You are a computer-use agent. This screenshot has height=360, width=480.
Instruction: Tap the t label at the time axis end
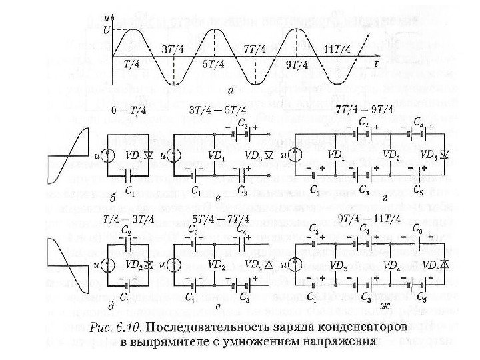point(377,65)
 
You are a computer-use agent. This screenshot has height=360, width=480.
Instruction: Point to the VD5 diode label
point(431,153)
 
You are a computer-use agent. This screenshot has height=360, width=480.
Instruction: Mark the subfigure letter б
point(111,198)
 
